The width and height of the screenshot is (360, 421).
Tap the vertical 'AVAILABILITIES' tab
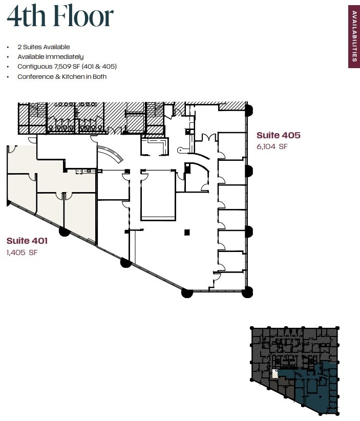(x=353, y=36)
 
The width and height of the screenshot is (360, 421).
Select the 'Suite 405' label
(x=278, y=135)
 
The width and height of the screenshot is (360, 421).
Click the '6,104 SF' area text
(x=272, y=146)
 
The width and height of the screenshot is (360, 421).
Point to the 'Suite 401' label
(x=27, y=241)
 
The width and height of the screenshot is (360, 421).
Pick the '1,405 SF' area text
(x=22, y=252)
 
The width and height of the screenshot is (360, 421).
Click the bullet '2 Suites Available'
(x=44, y=47)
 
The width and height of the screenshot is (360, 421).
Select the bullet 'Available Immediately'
(x=50, y=57)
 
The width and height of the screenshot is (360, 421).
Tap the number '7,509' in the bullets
(x=59, y=67)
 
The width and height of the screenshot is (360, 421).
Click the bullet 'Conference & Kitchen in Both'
(x=62, y=76)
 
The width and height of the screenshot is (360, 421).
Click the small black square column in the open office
(x=187, y=233)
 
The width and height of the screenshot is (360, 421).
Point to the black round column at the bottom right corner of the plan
(x=247, y=292)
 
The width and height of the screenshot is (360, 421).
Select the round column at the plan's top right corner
(x=249, y=109)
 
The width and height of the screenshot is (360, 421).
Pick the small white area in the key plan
(x=276, y=374)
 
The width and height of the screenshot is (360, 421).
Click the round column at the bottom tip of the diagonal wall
(x=187, y=293)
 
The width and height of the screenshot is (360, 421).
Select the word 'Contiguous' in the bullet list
(x=32, y=67)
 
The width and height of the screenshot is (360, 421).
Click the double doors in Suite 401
(x=63, y=196)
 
